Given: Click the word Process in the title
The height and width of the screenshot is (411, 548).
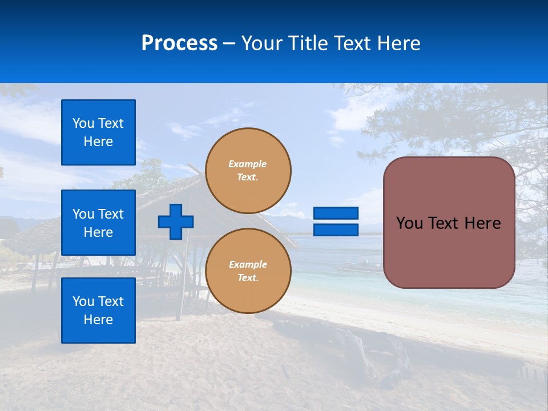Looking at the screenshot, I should pos(179,43).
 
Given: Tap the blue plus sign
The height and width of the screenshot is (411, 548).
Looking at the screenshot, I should pos(175,221).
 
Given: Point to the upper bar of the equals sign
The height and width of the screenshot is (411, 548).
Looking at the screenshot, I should pos(336,213).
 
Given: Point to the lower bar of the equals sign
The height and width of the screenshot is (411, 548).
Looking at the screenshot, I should pos(336,230).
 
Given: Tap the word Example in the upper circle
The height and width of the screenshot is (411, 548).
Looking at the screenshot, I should pos(248,164).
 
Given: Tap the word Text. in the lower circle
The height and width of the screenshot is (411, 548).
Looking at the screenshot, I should pos(248,277).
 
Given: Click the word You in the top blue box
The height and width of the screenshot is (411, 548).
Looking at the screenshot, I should pos(84,123).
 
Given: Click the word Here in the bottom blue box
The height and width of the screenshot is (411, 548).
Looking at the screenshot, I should pos(98,320).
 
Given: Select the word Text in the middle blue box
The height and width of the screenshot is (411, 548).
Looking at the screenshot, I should pos(111,214).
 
